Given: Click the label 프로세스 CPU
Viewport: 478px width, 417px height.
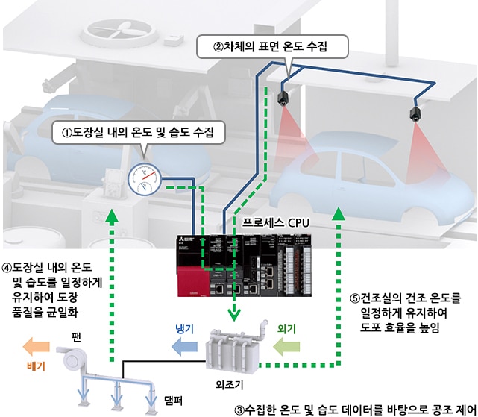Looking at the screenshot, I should (x=276, y=222).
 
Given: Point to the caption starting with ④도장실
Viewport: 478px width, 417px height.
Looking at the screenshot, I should (x=57, y=289).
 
